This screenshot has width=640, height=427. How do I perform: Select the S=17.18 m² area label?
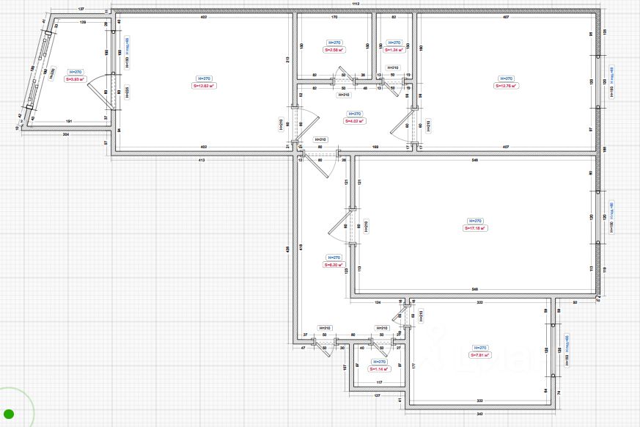475,228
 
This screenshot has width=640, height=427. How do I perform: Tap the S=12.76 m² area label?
506,86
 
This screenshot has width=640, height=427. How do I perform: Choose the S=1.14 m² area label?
379,369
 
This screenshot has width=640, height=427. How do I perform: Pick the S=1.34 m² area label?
394,50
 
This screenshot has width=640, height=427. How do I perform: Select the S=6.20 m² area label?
334,265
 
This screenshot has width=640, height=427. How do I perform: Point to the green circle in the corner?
9,415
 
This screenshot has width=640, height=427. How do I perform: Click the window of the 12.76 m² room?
600,81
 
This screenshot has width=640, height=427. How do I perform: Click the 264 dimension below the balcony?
65,135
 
